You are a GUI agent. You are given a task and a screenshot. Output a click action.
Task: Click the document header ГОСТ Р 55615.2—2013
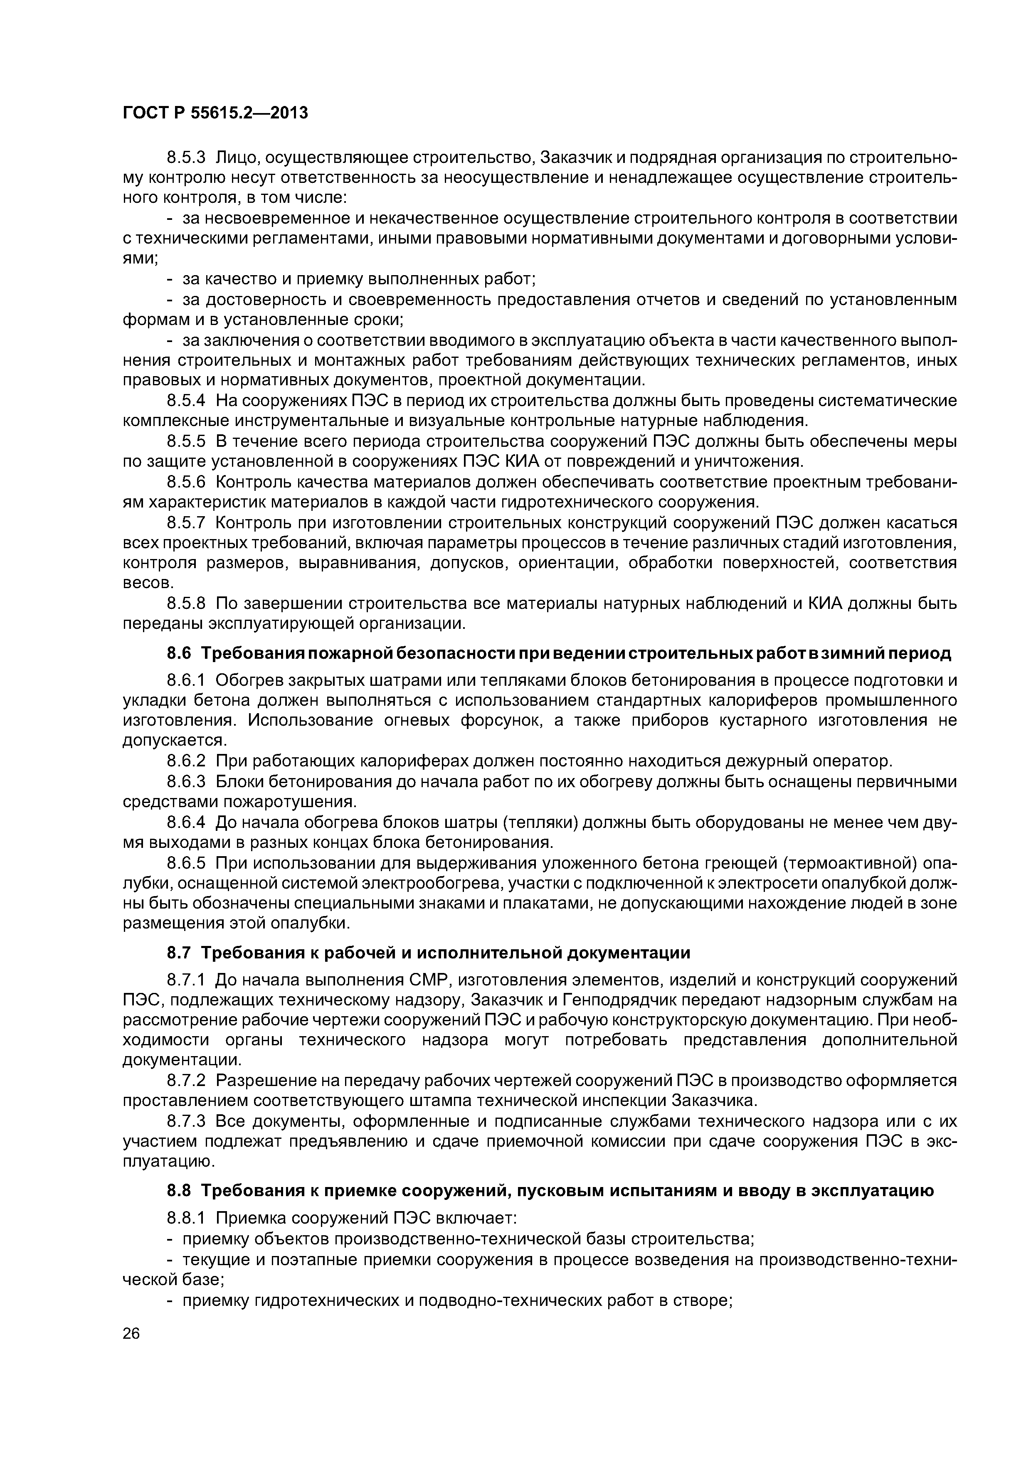[x=215, y=113]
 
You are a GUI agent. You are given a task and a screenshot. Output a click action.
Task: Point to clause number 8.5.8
[x=186, y=603]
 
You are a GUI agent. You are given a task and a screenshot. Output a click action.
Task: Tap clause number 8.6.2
[x=186, y=761]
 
